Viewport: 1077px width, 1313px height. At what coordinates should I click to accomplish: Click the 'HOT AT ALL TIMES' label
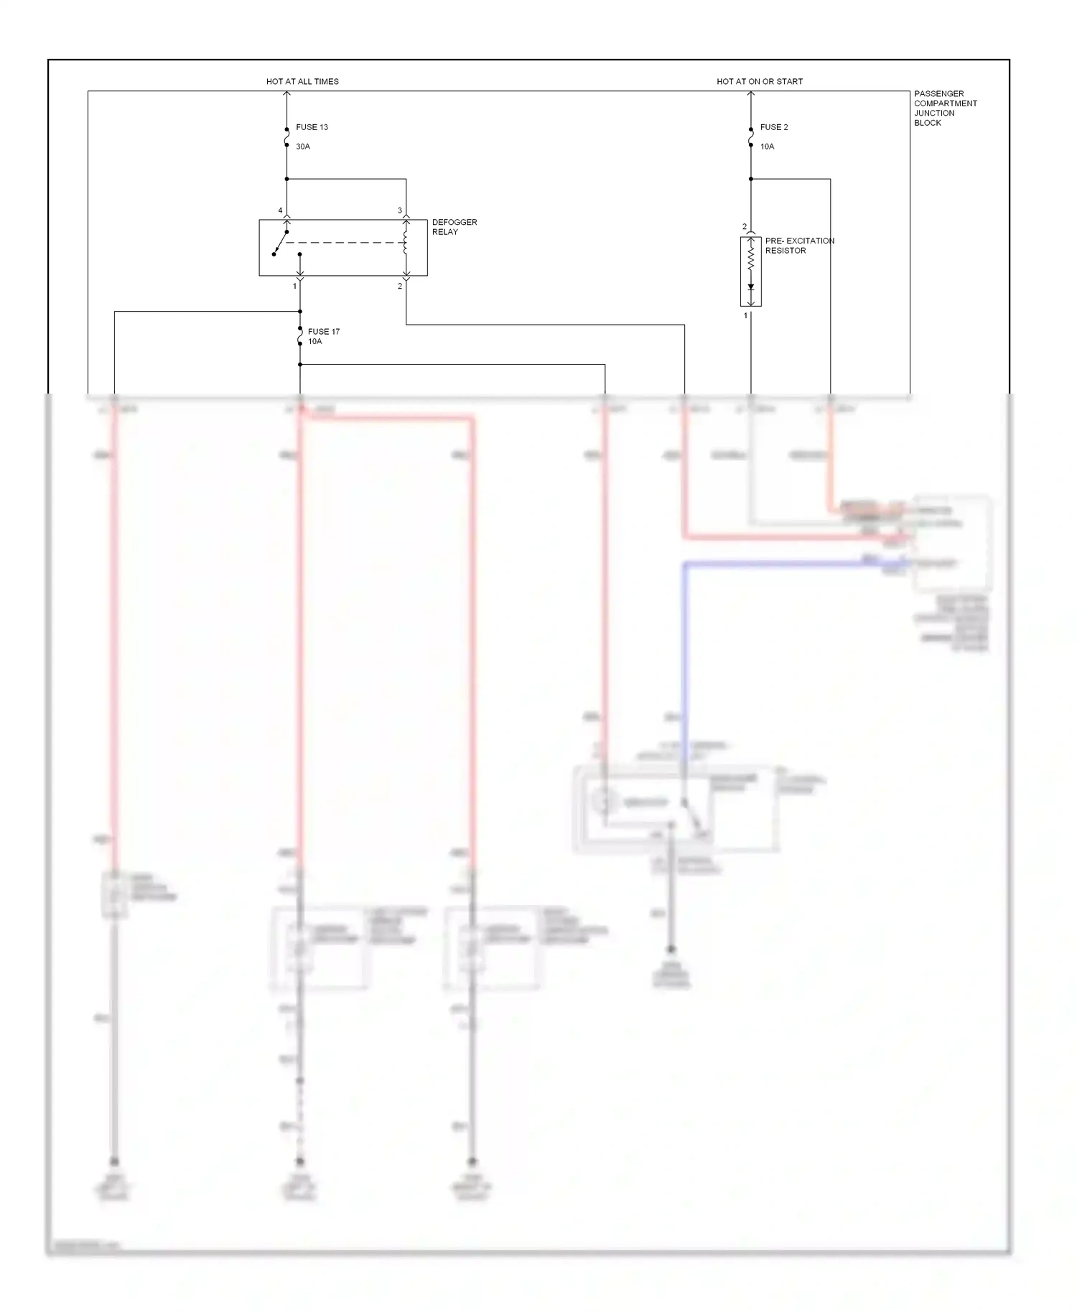click(302, 82)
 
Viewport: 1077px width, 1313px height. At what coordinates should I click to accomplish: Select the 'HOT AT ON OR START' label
click(760, 82)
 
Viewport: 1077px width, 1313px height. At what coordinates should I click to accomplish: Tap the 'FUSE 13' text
click(312, 127)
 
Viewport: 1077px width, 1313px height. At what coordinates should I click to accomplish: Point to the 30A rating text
click(303, 147)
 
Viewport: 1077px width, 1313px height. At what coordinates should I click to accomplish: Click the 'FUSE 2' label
click(774, 127)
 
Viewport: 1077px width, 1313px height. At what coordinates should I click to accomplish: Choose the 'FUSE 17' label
click(324, 332)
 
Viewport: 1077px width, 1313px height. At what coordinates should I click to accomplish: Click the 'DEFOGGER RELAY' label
click(454, 227)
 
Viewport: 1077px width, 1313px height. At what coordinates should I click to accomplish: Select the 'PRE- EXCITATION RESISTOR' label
click(799, 246)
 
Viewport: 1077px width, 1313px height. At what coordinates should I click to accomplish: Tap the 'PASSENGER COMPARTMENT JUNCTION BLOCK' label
click(945, 108)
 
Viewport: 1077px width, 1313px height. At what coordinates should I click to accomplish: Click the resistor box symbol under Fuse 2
click(751, 272)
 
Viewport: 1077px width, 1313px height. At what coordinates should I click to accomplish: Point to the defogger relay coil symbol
click(406, 242)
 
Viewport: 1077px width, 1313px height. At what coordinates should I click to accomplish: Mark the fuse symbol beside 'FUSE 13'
click(286, 137)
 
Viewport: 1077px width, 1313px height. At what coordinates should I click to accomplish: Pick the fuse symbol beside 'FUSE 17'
click(300, 337)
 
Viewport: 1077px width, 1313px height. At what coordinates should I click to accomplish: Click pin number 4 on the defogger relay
click(281, 210)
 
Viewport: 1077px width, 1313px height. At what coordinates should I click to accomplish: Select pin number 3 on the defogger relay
click(400, 210)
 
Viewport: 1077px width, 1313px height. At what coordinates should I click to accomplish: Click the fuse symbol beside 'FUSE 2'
click(751, 137)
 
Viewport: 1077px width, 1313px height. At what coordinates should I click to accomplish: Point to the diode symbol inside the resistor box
click(751, 287)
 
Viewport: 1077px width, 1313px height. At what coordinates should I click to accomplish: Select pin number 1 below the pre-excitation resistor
click(745, 315)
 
